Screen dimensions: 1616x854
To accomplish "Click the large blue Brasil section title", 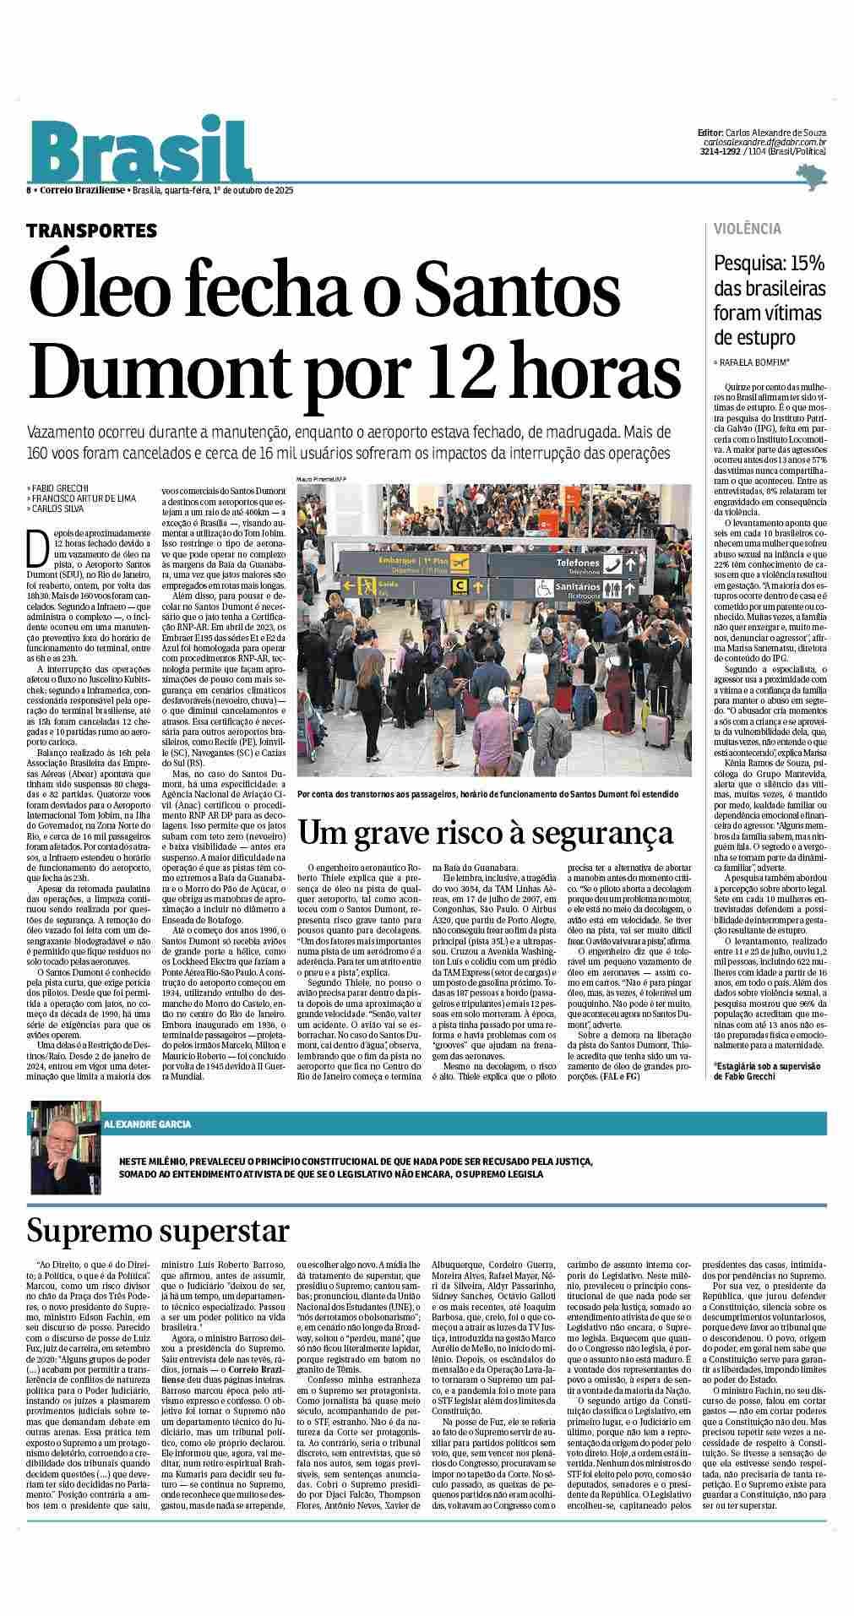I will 140,152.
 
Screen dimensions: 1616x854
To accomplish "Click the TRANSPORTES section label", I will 91,230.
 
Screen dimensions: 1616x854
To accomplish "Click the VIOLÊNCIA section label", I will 748,229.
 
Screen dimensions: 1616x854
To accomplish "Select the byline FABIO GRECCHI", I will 58,488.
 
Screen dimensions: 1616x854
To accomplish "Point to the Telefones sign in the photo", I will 578,562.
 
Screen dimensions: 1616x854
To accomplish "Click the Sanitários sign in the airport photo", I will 578,586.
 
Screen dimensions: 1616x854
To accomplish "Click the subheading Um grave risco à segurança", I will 486,834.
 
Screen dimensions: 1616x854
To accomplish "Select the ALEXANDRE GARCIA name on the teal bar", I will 148,1124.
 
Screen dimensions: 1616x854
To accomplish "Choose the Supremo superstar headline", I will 158,1230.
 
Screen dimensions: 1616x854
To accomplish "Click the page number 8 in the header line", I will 30,190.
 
